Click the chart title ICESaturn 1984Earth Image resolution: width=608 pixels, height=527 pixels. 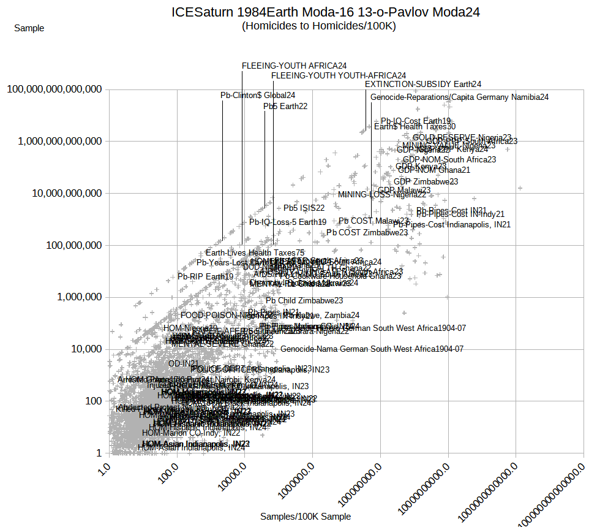pyautogui.click(x=325, y=12)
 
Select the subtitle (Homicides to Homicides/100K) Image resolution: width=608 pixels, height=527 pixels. pyautogui.click(x=319, y=26)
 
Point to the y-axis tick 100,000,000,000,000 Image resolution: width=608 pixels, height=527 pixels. pyautogui.click(x=54, y=89)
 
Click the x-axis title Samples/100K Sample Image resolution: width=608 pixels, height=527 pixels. pyautogui.click(x=306, y=517)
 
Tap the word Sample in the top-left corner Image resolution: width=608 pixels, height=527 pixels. pyautogui.click(x=29, y=28)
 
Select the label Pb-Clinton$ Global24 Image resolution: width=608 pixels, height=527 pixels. pyautogui.click(x=258, y=95)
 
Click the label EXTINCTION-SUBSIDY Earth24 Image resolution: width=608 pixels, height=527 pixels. pyautogui.click(x=423, y=84)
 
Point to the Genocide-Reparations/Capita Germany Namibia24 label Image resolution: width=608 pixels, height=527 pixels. pyautogui.click(x=459, y=97)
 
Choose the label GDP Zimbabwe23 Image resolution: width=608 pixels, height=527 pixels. pyautogui.click(x=426, y=181)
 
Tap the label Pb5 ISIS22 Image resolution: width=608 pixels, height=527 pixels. pyautogui.click(x=304, y=208)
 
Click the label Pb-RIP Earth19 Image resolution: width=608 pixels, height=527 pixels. pyautogui.click(x=205, y=276)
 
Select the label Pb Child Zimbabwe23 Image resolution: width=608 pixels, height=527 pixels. pyautogui.click(x=304, y=300)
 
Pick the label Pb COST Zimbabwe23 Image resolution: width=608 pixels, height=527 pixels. pyautogui.click(x=367, y=233)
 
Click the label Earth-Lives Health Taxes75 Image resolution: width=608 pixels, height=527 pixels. pyautogui.click(x=255, y=252)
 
